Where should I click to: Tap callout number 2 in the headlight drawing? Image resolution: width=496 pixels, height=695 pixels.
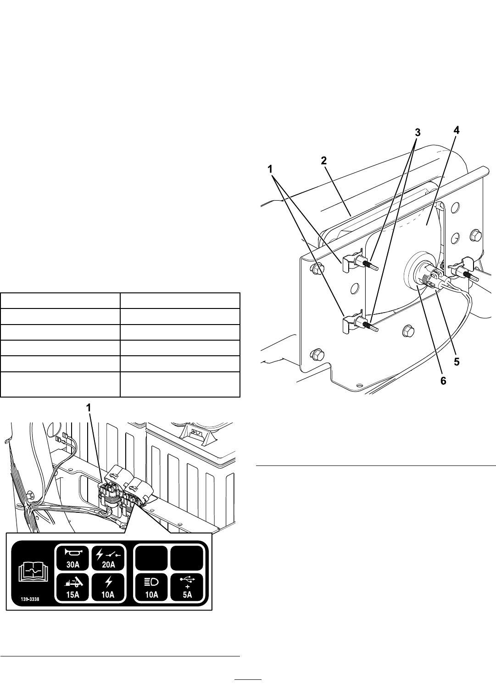[324, 161]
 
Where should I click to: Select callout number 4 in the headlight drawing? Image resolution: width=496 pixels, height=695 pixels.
[456, 131]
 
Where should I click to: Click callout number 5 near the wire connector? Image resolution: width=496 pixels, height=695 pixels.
[457, 362]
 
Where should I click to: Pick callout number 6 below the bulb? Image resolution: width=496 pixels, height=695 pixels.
[443, 381]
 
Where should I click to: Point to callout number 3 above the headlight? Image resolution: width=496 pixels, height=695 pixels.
[418, 133]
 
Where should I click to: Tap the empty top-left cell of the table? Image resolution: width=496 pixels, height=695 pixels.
[60, 301]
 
